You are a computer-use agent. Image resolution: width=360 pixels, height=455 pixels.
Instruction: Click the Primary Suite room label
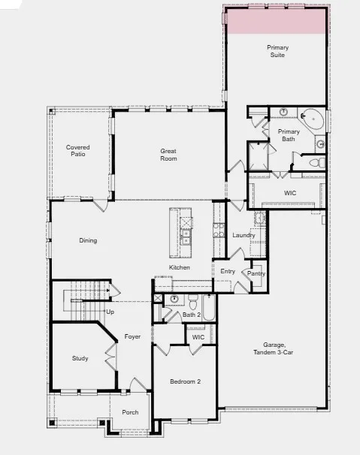277,51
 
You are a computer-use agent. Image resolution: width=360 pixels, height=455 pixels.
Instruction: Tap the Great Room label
168,155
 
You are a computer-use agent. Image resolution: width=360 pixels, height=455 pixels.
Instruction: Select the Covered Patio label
78,150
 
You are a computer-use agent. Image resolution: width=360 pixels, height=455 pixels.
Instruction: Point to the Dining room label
88,240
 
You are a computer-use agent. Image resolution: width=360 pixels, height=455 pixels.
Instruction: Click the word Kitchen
179,268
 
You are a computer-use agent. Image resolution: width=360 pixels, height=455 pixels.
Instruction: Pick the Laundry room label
244,235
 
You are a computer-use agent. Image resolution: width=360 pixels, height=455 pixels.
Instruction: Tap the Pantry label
256,273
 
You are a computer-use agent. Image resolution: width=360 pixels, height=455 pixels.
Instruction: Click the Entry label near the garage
228,271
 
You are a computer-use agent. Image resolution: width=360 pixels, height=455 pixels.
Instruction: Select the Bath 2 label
192,315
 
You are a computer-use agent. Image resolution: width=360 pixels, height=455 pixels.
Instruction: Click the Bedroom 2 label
185,382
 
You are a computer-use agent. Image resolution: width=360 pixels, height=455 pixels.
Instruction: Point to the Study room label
80,358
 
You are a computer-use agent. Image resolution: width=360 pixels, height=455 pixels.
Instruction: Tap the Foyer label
133,336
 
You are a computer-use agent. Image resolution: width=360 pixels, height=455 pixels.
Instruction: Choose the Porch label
130,412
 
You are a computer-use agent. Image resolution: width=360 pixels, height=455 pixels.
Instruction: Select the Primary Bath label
289,135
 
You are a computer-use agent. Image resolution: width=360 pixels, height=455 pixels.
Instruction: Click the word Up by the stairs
110,311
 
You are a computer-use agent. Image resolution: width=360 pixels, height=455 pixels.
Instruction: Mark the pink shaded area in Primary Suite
276,21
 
